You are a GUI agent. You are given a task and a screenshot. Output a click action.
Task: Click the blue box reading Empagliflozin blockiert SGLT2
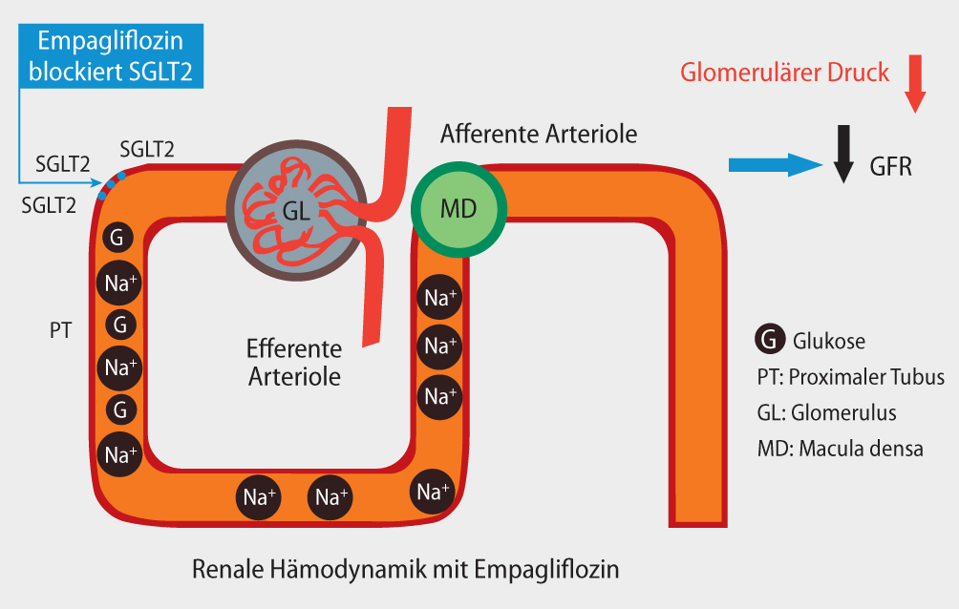point(111,56)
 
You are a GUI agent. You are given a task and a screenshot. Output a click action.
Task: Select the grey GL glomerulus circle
point(297,212)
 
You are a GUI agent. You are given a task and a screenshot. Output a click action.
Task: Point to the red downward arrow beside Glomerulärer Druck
point(915,84)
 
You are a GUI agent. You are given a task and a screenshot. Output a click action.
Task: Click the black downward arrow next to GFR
point(843,153)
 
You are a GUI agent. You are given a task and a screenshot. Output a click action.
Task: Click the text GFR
point(890,167)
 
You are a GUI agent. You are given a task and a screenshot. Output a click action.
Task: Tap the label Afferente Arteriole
point(538,133)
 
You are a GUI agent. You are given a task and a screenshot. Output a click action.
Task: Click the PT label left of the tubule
point(60,329)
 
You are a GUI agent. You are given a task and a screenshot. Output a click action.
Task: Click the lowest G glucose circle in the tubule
point(119,410)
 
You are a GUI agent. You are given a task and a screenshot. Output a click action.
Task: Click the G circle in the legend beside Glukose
point(770,340)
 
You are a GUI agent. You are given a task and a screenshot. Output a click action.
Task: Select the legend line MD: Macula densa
point(840,449)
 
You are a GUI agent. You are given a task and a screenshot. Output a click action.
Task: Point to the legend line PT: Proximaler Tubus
point(850,376)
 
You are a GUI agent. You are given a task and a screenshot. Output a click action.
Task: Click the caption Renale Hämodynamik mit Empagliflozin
point(406,571)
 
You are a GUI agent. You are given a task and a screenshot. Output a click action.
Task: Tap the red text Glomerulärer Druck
point(784,73)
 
